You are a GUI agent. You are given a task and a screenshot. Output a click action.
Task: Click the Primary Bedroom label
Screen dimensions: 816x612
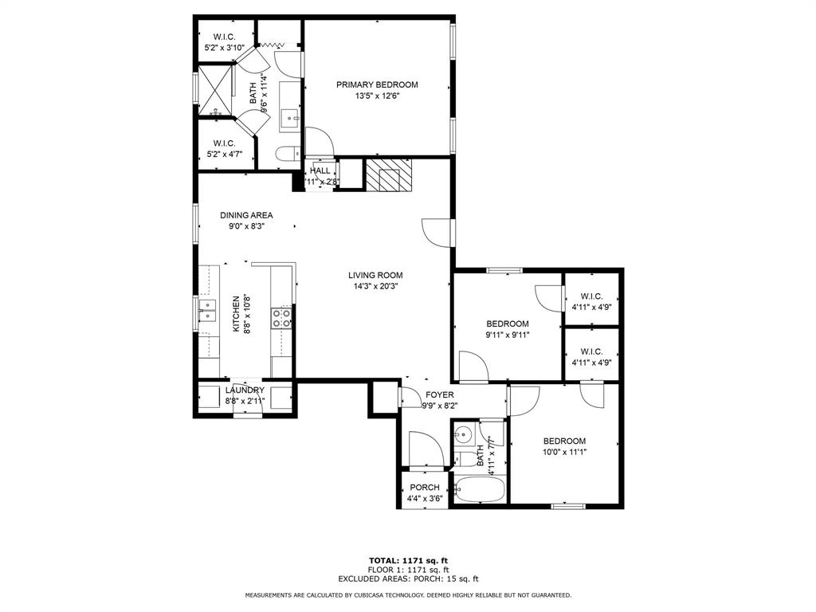(x=377, y=84)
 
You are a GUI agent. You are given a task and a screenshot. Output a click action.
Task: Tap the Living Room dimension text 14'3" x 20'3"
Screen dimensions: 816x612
(x=376, y=286)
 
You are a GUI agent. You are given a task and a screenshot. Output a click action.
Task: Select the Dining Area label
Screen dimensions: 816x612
(x=246, y=215)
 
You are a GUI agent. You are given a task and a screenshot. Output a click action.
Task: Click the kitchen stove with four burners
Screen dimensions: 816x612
(x=281, y=318)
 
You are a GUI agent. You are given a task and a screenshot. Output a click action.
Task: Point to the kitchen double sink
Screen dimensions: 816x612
(x=207, y=310)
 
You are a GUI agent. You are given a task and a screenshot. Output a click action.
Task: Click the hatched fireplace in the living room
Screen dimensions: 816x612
(x=389, y=175)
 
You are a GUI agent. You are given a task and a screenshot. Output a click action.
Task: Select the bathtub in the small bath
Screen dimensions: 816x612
(x=479, y=489)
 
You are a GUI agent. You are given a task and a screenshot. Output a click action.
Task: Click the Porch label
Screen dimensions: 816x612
(x=425, y=488)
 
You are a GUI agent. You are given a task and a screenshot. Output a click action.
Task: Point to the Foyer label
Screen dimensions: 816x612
(x=440, y=395)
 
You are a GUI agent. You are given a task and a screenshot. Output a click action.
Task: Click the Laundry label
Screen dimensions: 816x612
(x=245, y=390)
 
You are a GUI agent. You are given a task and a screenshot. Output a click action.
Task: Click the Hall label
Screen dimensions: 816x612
(x=320, y=171)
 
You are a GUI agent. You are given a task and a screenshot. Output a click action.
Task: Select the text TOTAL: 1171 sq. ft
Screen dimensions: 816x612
(x=409, y=560)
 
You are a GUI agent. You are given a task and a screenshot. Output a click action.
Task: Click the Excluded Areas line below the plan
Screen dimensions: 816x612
(x=409, y=579)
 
